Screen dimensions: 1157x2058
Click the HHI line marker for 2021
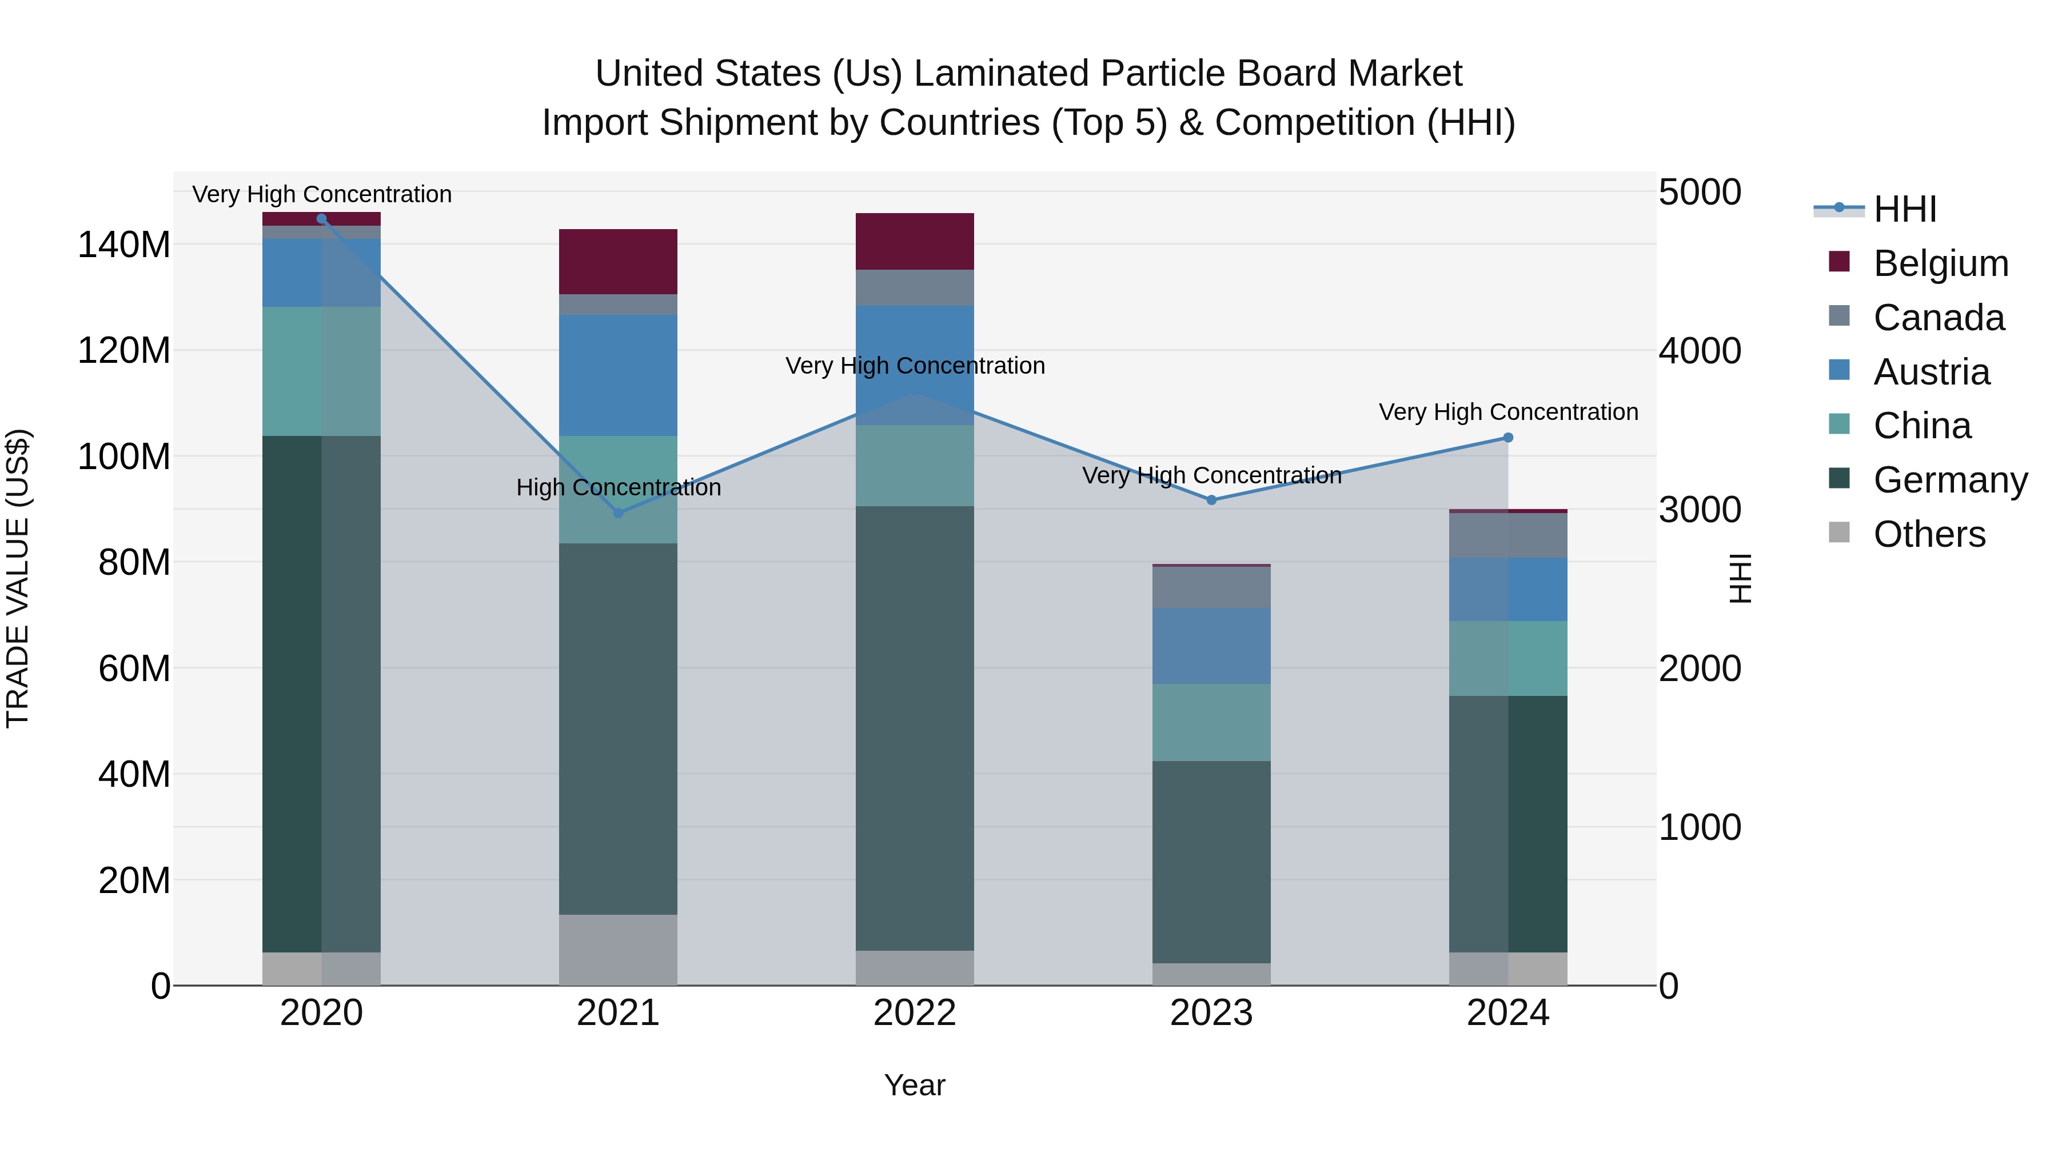tap(617, 513)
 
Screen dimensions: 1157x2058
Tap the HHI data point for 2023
tap(1211, 500)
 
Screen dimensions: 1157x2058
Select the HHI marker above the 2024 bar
tap(1507, 438)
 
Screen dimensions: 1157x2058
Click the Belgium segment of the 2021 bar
tap(617, 262)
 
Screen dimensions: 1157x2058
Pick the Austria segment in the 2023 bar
tap(1211, 646)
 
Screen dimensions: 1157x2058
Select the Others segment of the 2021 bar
tap(617, 950)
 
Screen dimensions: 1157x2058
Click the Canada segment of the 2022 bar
tap(915, 287)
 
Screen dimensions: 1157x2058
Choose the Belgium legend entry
tap(1940, 263)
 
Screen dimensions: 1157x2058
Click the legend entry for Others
tap(1929, 534)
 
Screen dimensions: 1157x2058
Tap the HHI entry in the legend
tap(1905, 209)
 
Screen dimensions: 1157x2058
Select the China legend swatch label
tap(1921, 426)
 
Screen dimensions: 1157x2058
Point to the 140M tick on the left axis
tap(124, 245)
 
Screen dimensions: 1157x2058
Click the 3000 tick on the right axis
tap(1700, 510)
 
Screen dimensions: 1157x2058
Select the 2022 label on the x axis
tap(915, 1013)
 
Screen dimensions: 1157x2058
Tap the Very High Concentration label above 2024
tap(1507, 412)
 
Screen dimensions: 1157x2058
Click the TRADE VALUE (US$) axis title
tap(18, 578)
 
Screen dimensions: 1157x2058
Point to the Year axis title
tap(915, 1085)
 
